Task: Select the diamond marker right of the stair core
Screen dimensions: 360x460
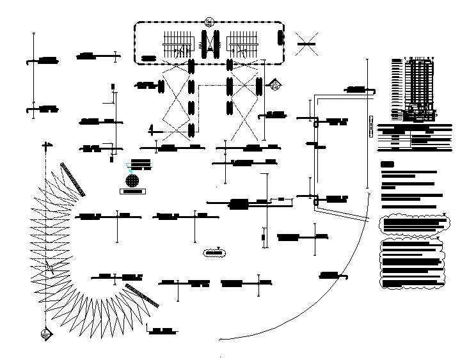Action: [x=275, y=83]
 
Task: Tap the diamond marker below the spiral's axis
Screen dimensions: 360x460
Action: [x=45, y=333]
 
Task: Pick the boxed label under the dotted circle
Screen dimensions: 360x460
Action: [x=133, y=191]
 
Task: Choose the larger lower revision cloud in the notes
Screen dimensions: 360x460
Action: [x=412, y=264]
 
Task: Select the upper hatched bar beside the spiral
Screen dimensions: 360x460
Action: [x=72, y=178]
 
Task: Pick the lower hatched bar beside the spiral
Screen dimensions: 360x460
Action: [x=142, y=295]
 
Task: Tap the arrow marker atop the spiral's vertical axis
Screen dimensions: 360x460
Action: [x=45, y=146]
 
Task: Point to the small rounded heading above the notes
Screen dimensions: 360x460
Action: [x=387, y=165]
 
